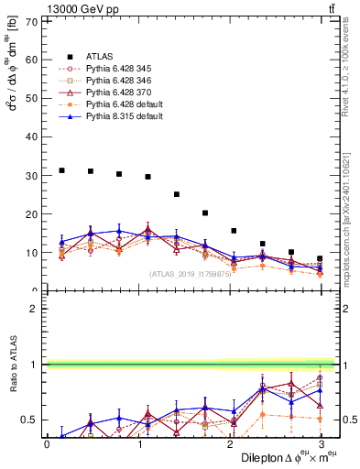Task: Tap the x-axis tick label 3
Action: (x=320, y=444)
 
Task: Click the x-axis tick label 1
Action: (x=137, y=444)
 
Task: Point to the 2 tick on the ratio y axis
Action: (x=38, y=309)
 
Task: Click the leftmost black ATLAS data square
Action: (x=61, y=170)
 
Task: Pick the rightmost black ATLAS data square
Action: (x=320, y=258)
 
